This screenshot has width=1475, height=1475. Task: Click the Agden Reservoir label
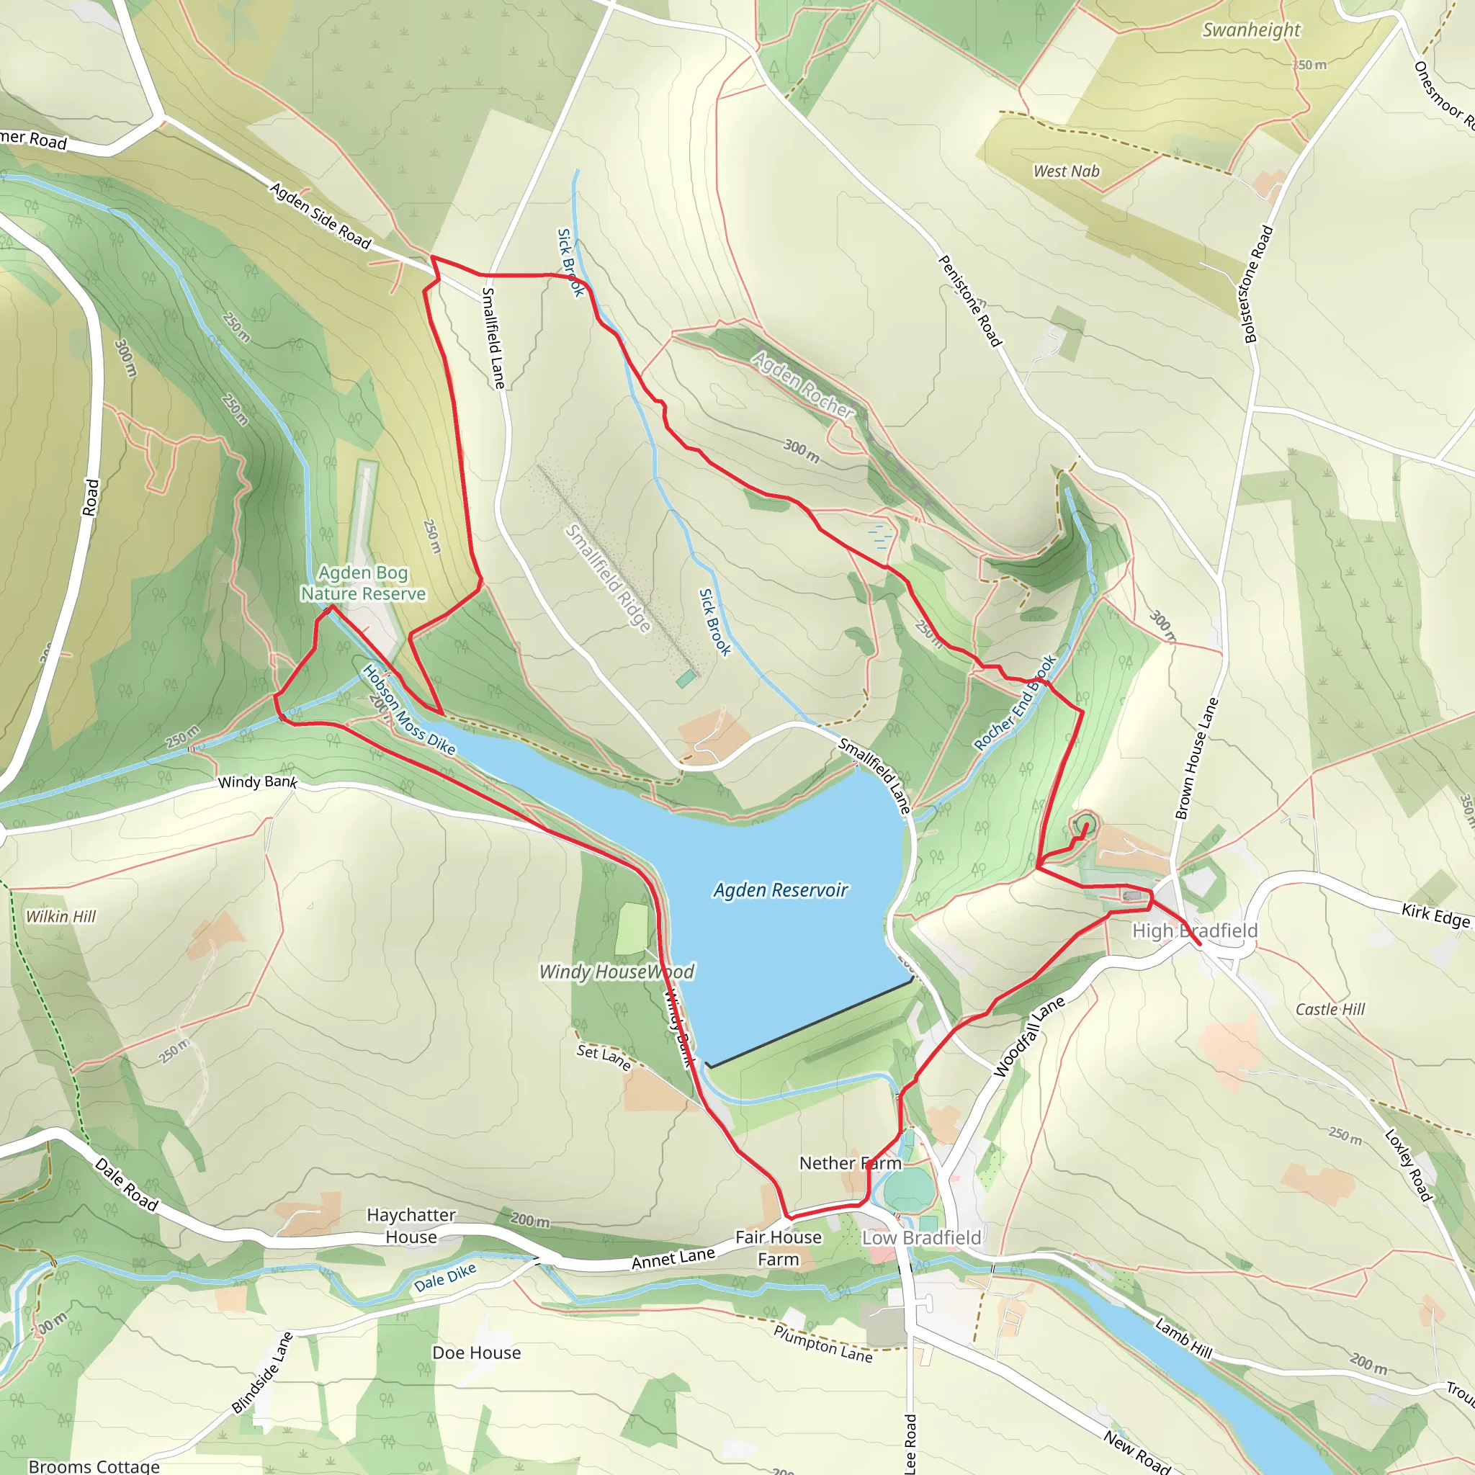pos(780,890)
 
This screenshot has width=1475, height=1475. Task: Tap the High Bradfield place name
pos(1194,931)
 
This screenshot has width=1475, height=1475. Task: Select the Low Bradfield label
pos(921,1237)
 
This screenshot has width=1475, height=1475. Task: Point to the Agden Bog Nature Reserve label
pos(364,583)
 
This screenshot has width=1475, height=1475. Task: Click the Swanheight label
pos(1251,30)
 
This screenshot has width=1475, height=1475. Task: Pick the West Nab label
pos(1066,171)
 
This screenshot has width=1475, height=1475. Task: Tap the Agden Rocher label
pos(802,384)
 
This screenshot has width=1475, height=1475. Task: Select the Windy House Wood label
pos(617,971)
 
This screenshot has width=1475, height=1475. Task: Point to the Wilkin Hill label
pos(61,916)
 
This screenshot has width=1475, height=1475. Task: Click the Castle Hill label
pos(1330,1009)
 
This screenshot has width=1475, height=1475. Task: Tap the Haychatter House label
pos(411,1225)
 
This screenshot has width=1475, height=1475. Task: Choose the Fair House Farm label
pos(778,1248)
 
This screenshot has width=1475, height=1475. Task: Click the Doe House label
pos(476,1353)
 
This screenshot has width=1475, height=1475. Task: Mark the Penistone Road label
pos(969,301)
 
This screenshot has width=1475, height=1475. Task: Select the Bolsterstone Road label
pos(1258,284)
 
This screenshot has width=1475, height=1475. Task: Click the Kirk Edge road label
pos(1435,915)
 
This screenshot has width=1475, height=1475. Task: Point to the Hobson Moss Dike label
pos(408,710)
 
